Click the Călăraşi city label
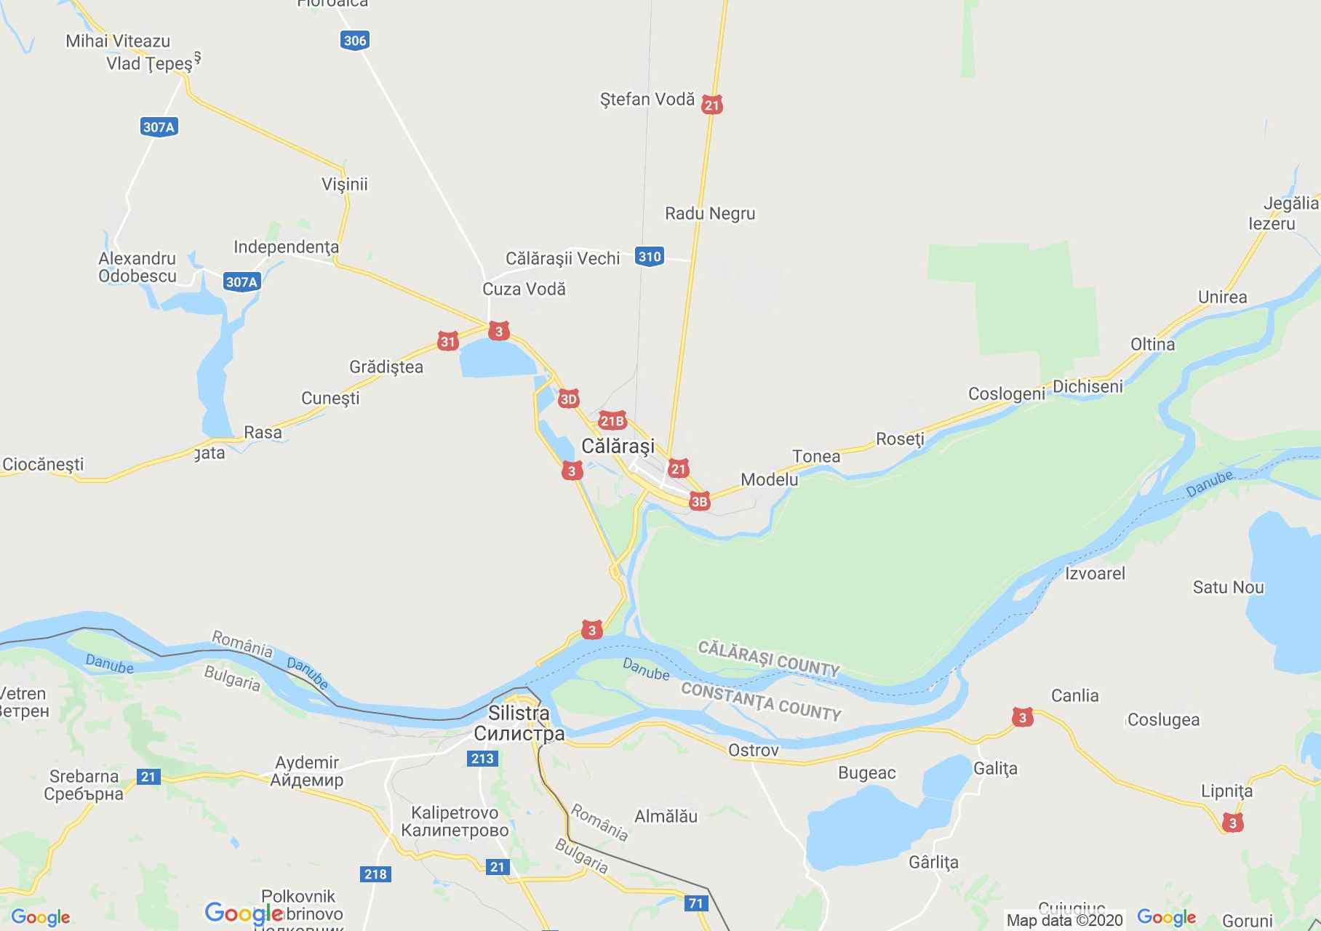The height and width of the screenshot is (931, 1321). click(x=618, y=446)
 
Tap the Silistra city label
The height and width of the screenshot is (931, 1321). click(x=519, y=714)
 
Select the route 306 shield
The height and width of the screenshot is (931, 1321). click(x=354, y=41)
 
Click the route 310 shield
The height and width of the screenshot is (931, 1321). click(x=649, y=256)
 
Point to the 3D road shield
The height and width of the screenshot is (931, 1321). click(x=568, y=399)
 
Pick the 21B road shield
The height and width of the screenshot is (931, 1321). click(x=612, y=421)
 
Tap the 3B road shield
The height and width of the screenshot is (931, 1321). click(x=699, y=501)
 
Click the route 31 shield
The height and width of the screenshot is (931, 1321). click(x=447, y=341)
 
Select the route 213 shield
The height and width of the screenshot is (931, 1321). click(x=482, y=759)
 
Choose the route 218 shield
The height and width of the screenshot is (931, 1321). click(x=375, y=874)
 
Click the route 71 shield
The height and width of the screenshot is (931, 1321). click(x=696, y=903)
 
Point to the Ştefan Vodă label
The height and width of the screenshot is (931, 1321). click(x=647, y=100)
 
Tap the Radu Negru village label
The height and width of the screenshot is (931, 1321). click(x=710, y=214)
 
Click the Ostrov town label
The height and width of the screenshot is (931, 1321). click(x=753, y=750)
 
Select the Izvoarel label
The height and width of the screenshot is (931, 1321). click(x=1095, y=573)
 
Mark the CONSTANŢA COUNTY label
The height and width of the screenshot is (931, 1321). click(x=761, y=702)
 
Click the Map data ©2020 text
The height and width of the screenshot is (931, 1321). click(x=1064, y=920)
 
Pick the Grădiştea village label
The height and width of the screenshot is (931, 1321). click(x=386, y=367)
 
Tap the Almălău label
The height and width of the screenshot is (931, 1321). click(x=666, y=816)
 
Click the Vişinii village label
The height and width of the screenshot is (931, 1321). click(x=345, y=184)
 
